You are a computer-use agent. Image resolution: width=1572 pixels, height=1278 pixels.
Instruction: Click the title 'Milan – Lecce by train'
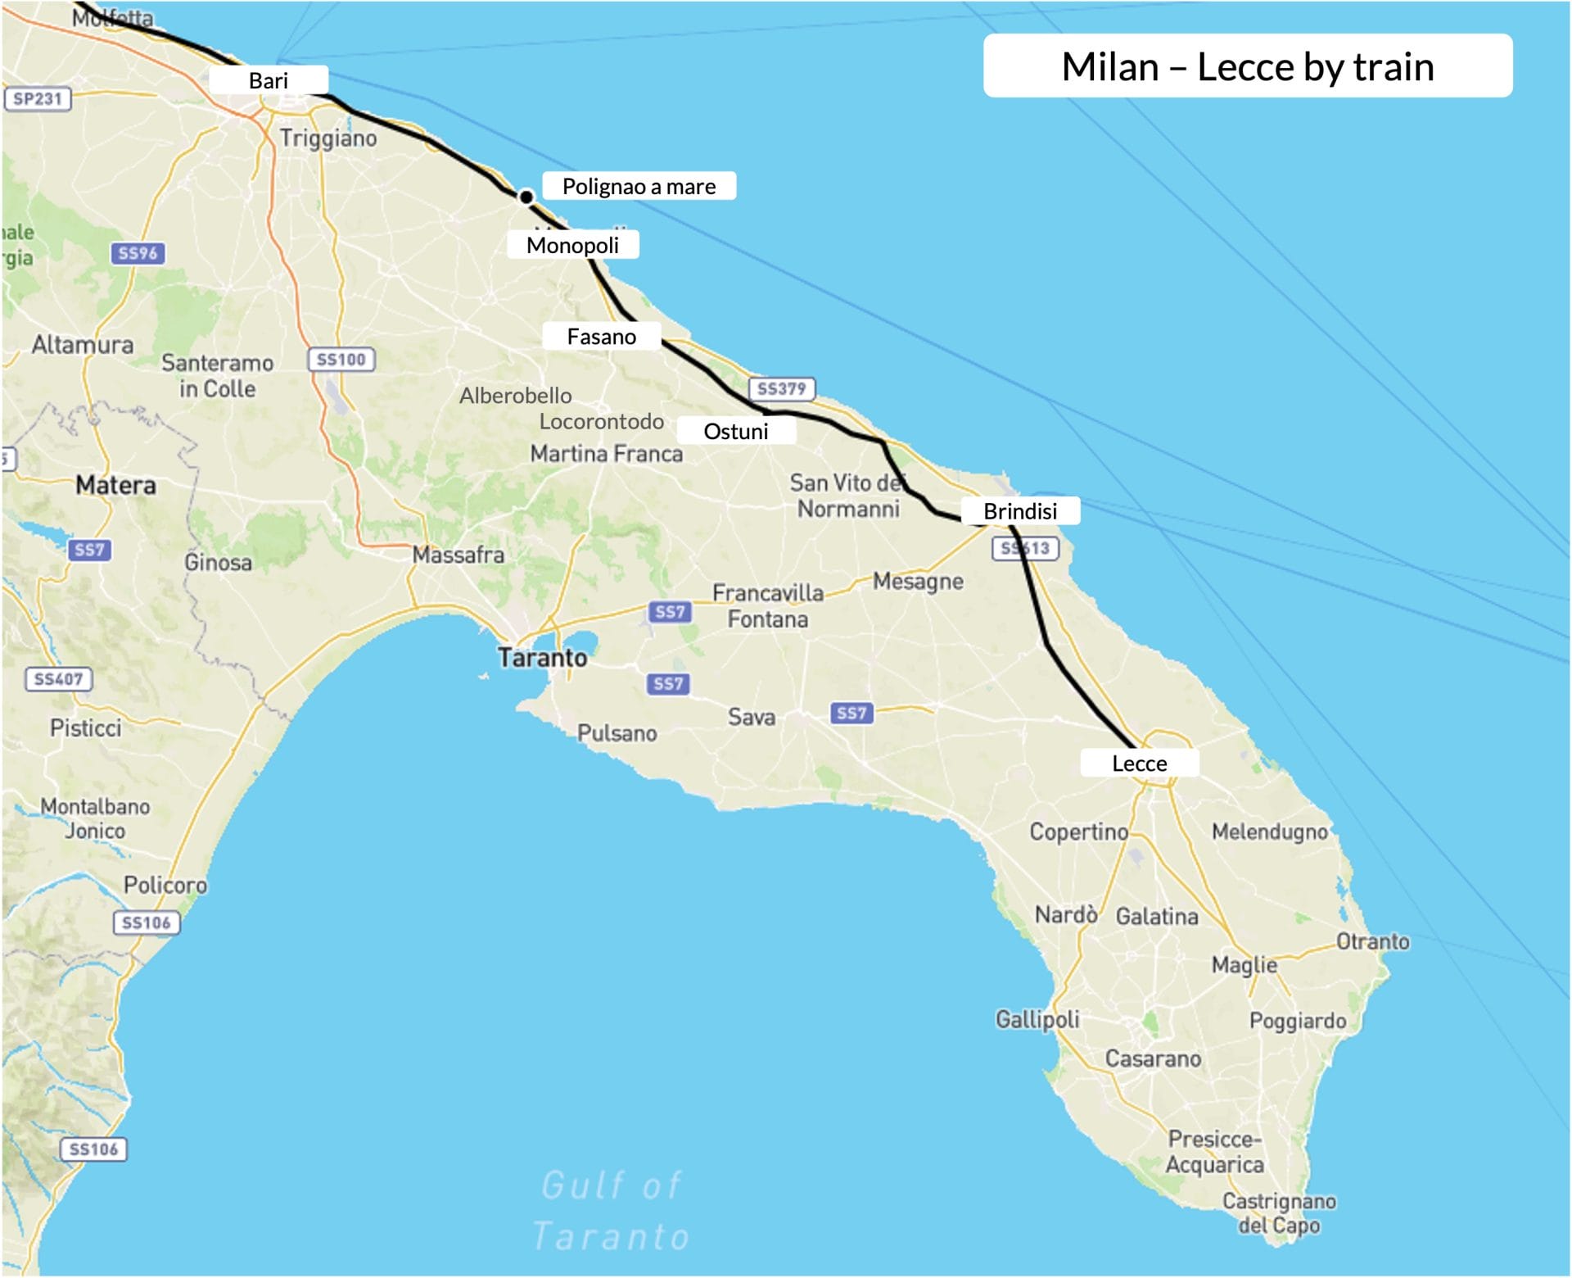(x=1247, y=66)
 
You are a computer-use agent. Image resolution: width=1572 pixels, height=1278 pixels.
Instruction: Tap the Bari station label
(x=269, y=80)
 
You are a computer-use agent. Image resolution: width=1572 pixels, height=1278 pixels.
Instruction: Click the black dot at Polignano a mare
(x=526, y=197)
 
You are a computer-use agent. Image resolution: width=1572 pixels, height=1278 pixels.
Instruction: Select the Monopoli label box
(x=572, y=245)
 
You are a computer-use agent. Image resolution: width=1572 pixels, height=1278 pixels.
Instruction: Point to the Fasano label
(x=601, y=337)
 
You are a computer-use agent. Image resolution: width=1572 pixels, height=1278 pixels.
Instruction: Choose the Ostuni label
(x=736, y=431)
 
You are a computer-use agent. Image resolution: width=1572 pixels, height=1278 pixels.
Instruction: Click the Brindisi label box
(x=1020, y=511)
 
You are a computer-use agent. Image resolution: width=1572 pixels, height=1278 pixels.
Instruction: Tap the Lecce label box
(x=1139, y=764)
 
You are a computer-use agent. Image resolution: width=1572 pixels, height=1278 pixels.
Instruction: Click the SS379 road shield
(x=782, y=388)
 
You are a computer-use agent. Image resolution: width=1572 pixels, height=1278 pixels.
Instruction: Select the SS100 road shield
(x=341, y=359)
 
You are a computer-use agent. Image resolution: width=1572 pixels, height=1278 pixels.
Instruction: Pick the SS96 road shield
(x=138, y=253)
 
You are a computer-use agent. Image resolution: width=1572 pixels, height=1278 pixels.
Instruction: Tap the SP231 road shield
(x=38, y=99)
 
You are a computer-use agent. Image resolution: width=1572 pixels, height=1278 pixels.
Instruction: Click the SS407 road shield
(x=58, y=678)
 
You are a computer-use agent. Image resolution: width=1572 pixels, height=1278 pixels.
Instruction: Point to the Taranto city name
(x=543, y=658)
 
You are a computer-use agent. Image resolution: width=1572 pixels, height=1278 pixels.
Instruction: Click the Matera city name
(x=115, y=485)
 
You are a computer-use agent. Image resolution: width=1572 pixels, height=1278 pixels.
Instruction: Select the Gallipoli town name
(x=1037, y=1019)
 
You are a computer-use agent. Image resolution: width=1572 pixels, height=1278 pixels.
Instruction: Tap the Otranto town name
(x=1373, y=941)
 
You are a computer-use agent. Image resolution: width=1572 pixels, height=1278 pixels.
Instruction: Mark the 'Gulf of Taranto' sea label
(x=612, y=1211)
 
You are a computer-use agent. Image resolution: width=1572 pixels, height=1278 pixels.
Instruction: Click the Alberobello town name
(x=516, y=396)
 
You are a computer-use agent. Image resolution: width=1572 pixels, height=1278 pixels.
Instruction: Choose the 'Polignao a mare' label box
(x=639, y=186)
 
